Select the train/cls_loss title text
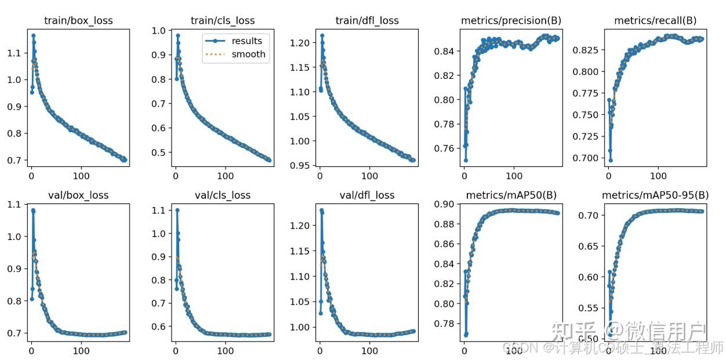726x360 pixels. click(x=223, y=21)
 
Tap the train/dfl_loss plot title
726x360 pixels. click(x=367, y=21)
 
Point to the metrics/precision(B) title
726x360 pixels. click(x=511, y=21)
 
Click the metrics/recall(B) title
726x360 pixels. click(x=655, y=21)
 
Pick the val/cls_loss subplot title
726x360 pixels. click(x=223, y=195)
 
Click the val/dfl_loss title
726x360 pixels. click(x=367, y=195)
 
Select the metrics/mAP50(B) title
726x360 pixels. click(x=511, y=195)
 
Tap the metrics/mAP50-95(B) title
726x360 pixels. click(x=655, y=195)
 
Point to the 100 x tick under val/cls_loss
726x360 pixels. click(x=225, y=351)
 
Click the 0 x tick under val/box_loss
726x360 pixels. click(x=31, y=351)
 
